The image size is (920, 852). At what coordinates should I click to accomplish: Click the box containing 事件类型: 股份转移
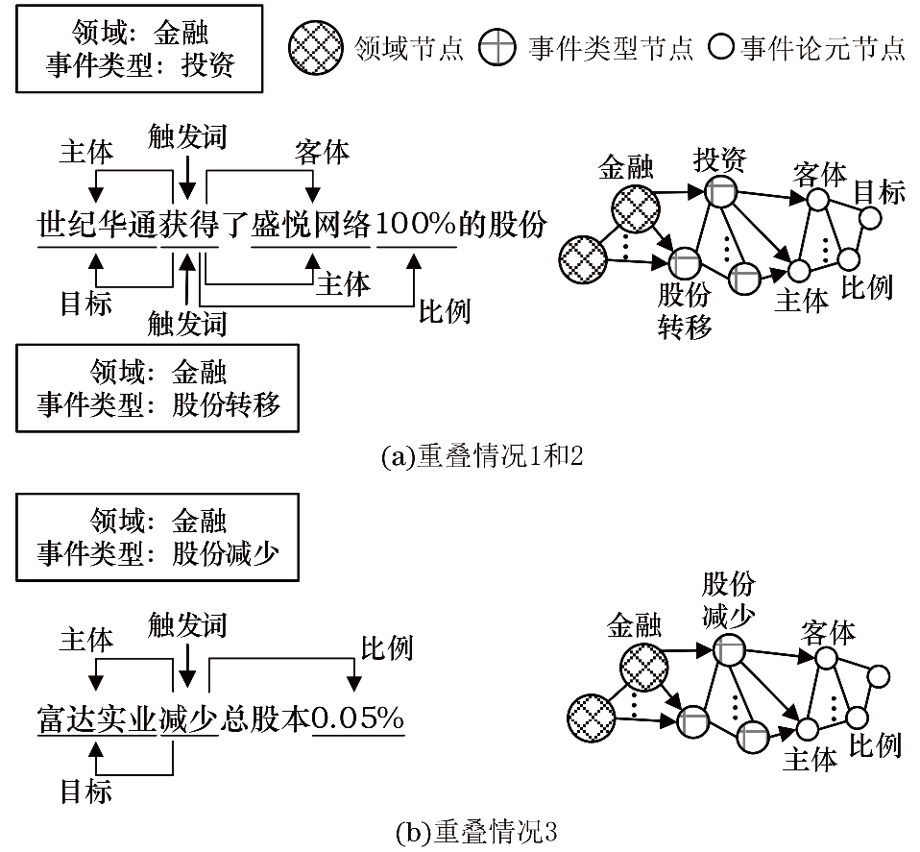[x=159, y=386]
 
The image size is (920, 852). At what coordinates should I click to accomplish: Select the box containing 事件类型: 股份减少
[x=159, y=536]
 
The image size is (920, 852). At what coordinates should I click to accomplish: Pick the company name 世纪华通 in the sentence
[x=97, y=226]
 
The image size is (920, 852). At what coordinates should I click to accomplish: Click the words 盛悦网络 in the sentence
[x=311, y=226]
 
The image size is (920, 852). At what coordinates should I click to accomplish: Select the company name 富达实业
[x=97, y=718]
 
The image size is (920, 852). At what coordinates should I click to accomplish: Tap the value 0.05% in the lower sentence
[x=358, y=718]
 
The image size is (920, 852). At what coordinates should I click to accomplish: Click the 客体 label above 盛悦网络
[x=322, y=151]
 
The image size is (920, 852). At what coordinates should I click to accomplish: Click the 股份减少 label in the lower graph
[x=729, y=597]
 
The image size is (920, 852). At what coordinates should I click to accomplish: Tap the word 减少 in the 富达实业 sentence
[x=187, y=718]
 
